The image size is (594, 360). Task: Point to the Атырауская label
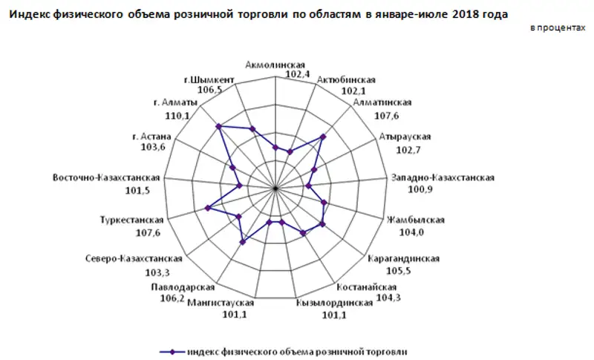click(x=405, y=137)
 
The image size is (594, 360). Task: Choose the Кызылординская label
click(x=333, y=302)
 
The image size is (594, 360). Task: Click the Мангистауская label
click(x=221, y=302)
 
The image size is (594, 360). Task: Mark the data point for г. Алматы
click(x=218, y=127)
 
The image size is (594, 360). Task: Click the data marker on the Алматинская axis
click(x=322, y=137)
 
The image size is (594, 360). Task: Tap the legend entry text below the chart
click(x=296, y=351)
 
